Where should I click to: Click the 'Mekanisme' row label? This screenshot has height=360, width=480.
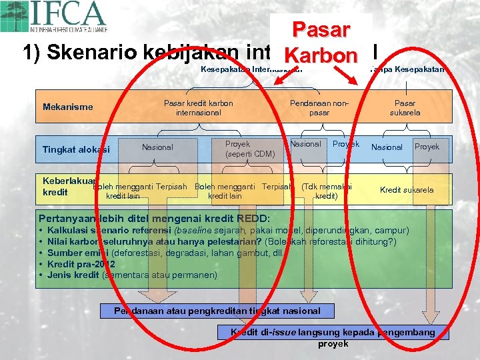pyautogui.click(x=68, y=107)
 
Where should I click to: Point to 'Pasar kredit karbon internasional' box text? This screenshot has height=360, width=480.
pyautogui.click(x=199, y=108)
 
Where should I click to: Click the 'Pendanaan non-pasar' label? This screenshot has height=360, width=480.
pyautogui.click(x=319, y=108)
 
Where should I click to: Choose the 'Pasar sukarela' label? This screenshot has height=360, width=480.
pyautogui.click(x=405, y=108)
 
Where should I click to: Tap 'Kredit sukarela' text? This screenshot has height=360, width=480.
pyautogui.click(x=406, y=190)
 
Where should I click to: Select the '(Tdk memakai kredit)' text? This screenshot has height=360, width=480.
pyautogui.click(x=326, y=191)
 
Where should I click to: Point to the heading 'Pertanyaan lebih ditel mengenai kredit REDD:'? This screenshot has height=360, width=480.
pyautogui.click(x=154, y=219)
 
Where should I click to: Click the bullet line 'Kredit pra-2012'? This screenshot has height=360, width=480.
pyautogui.click(x=86, y=264)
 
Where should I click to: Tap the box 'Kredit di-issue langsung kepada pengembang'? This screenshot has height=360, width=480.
pyautogui.click(x=333, y=332)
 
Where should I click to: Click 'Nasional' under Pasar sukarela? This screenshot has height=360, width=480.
pyautogui.click(x=387, y=147)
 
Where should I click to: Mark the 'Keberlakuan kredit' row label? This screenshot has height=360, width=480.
pyautogui.click(x=67, y=186)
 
